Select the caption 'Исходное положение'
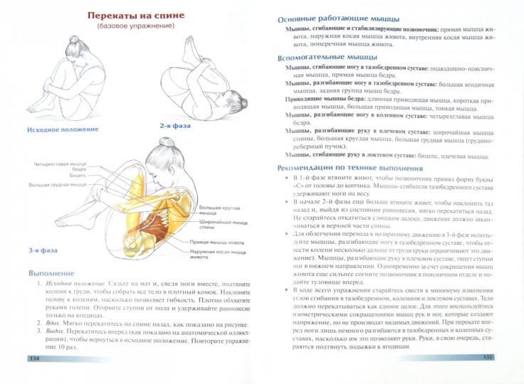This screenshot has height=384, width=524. pyautogui.click(x=63, y=130)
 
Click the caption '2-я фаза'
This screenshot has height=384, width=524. pyautogui.click(x=174, y=125)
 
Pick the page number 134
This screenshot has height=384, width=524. pyautogui.click(x=33, y=358)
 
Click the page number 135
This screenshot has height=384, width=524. pyautogui.click(x=488, y=357)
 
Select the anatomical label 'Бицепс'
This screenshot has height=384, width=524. pyautogui.click(x=77, y=174)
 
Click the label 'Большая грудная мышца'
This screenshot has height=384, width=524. pyautogui.click(x=58, y=185)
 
